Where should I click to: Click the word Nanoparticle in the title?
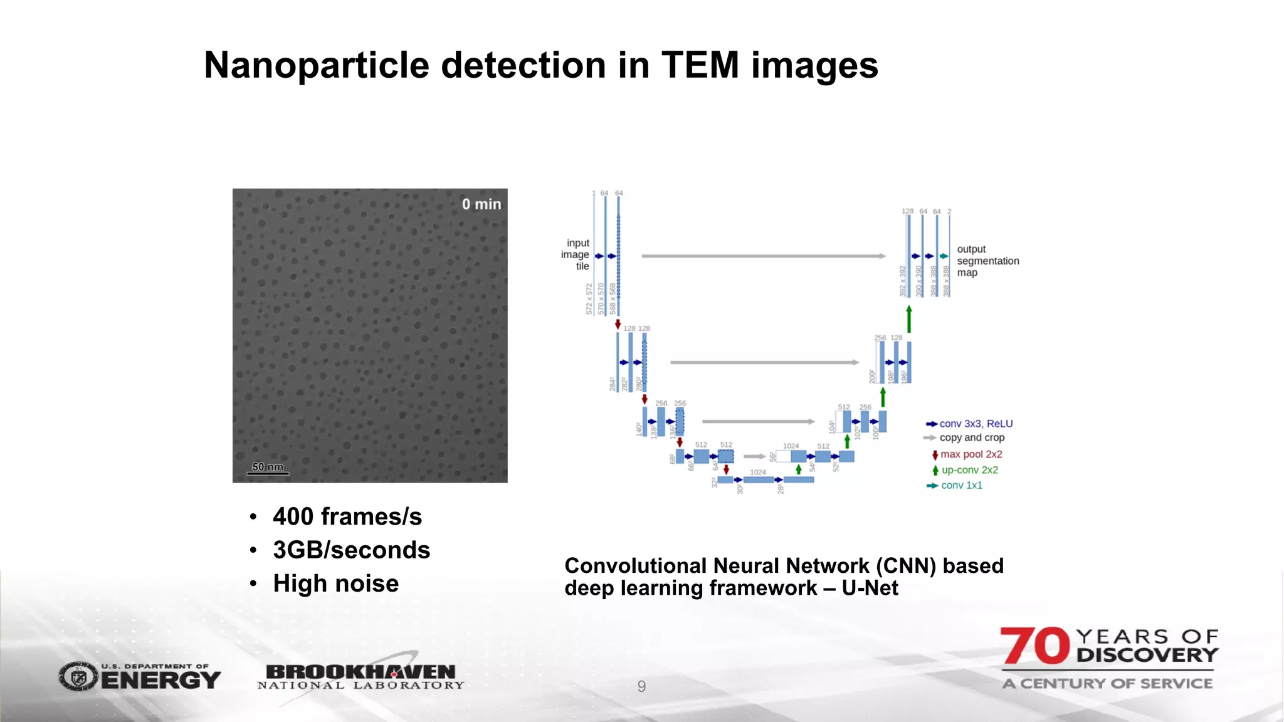click(317, 65)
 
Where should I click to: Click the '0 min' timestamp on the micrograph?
click(481, 204)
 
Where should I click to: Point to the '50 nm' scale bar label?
click(268, 467)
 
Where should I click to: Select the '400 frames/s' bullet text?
click(347, 516)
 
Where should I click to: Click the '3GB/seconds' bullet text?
click(351, 550)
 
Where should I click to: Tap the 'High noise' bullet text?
click(336, 583)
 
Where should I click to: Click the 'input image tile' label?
click(576, 254)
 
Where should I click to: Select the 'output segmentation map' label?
click(987, 261)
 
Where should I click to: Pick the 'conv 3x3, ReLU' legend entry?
click(976, 424)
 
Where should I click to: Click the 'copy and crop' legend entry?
click(971, 437)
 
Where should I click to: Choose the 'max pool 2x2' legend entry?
click(971, 454)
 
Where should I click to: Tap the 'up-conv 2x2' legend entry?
click(969, 470)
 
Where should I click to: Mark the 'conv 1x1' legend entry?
click(961, 485)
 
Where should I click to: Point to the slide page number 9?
click(641, 686)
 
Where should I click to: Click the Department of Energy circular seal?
click(78, 677)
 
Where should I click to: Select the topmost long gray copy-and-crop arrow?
click(763, 256)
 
